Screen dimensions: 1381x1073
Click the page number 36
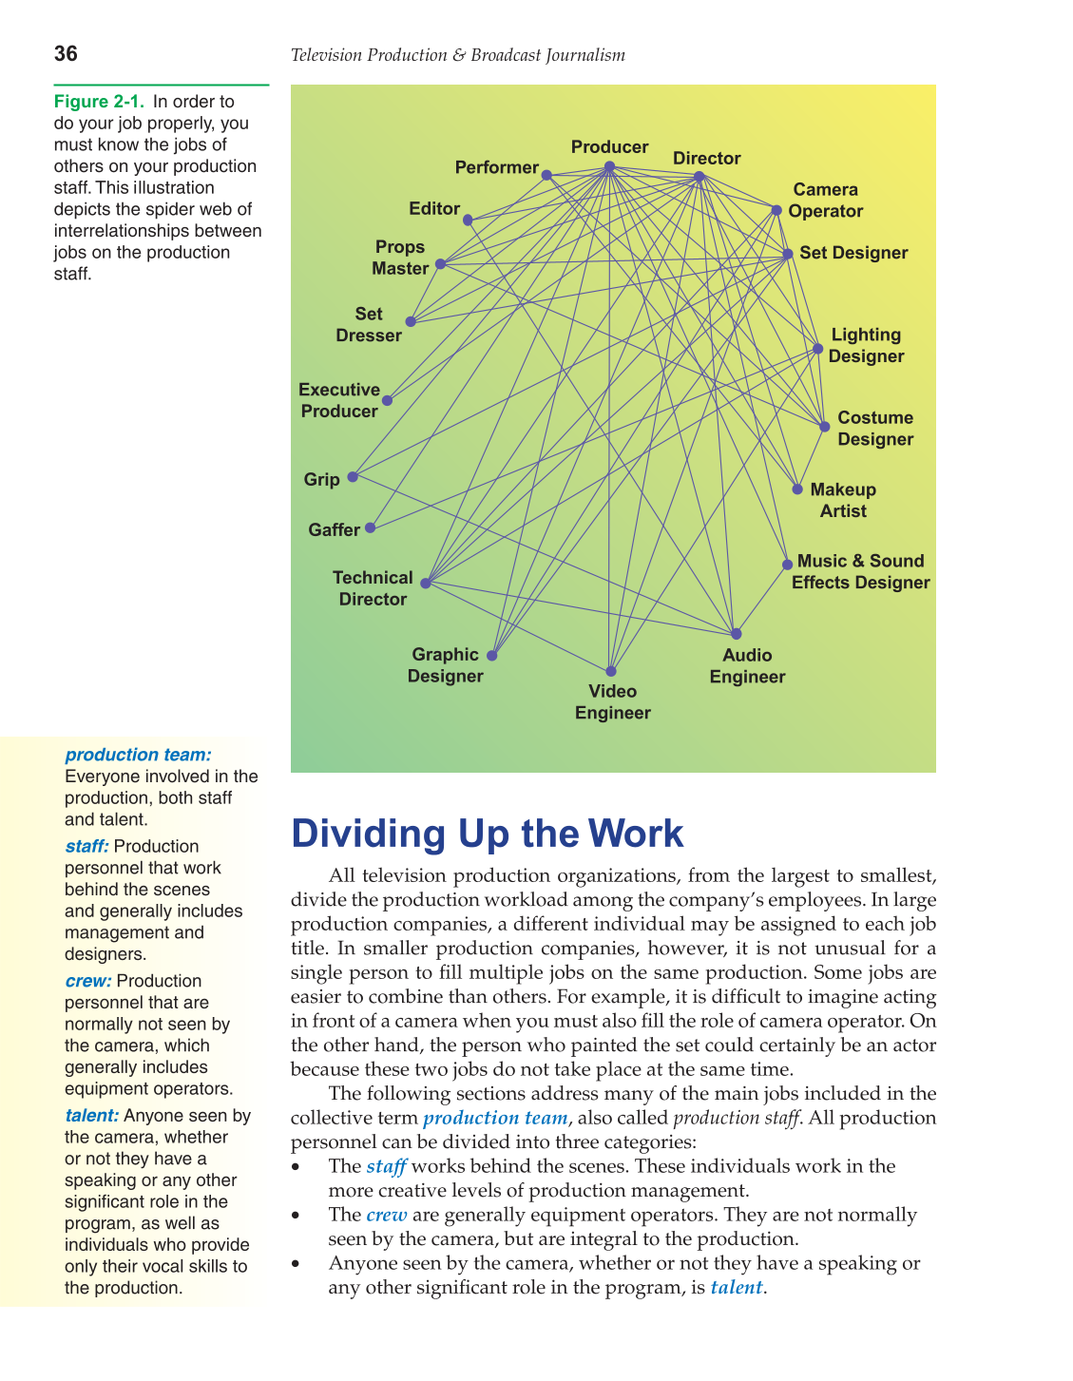click(66, 54)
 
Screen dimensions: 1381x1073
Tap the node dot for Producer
click(609, 166)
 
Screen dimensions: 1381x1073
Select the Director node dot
click(699, 176)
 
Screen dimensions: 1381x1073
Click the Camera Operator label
click(825, 201)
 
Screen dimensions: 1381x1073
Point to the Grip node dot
click(352, 476)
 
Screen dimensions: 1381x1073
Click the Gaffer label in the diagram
click(334, 530)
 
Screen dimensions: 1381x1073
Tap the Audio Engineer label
click(747, 666)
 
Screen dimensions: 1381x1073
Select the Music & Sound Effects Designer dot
click(787, 565)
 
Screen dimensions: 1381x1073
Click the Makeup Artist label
click(843, 500)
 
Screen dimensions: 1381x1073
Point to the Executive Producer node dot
click(387, 400)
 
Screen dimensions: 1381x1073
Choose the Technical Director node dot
click(425, 583)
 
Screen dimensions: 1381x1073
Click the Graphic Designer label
click(445, 665)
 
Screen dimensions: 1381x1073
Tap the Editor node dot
click(468, 220)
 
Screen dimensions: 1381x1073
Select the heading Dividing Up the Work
click(487, 834)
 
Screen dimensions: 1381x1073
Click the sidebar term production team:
click(138, 755)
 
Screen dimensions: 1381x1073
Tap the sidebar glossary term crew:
click(88, 981)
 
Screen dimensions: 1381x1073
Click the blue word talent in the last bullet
click(737, 1288)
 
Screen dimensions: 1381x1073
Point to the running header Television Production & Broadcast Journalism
click(457, 55)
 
